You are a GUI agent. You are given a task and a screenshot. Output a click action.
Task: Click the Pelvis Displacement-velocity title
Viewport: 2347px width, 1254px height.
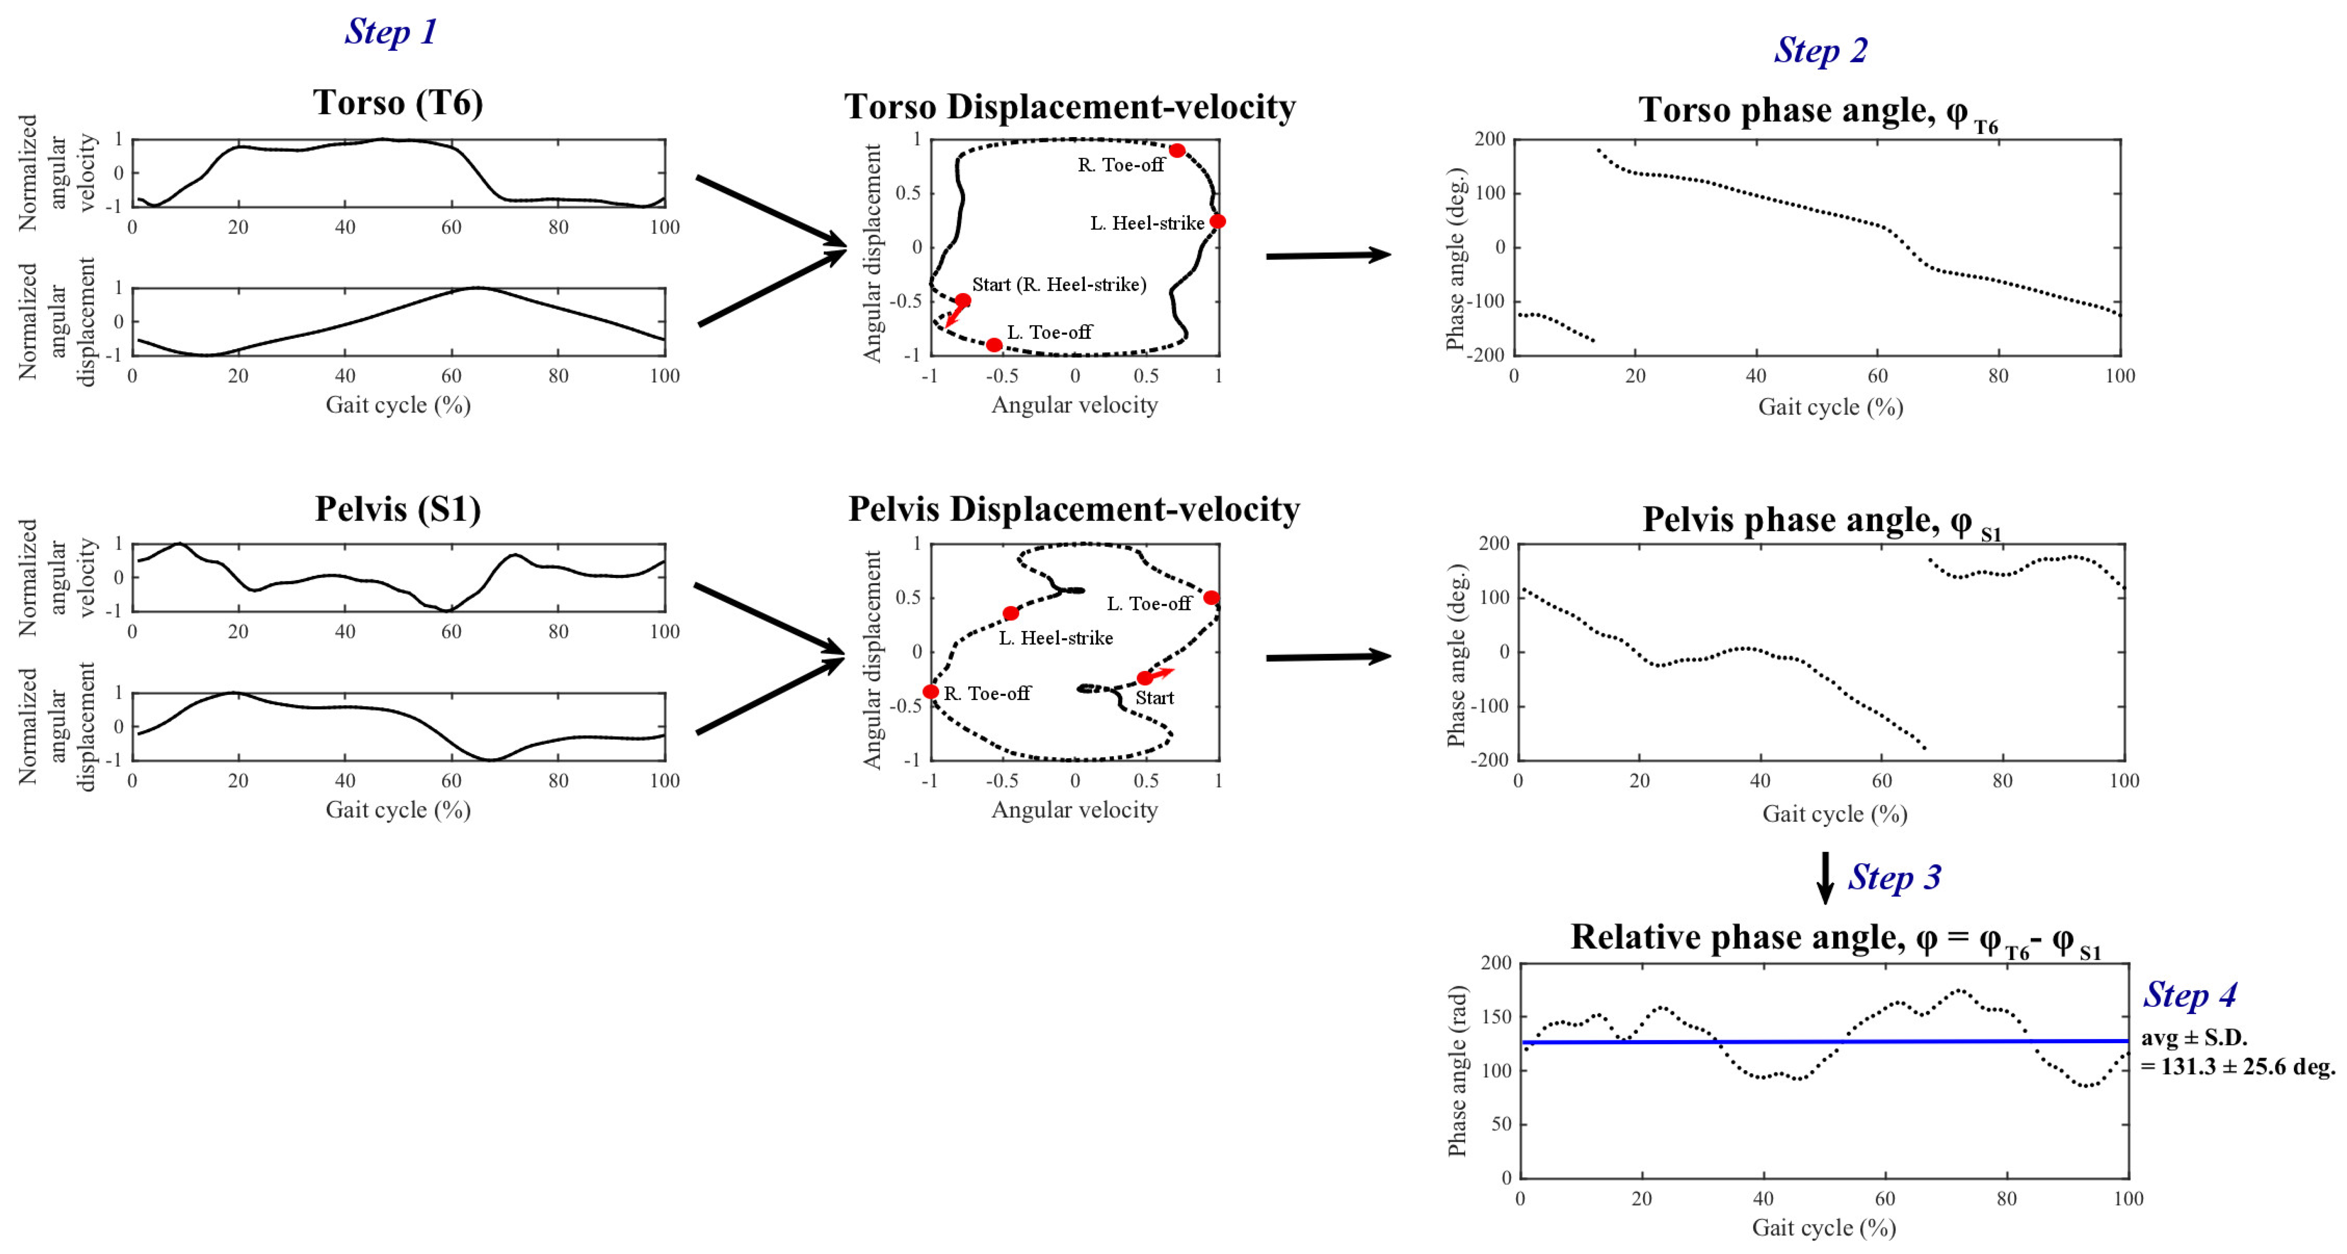tap(1073, 509)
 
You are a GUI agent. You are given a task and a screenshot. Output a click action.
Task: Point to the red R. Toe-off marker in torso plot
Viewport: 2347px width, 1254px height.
tap(1177, 150)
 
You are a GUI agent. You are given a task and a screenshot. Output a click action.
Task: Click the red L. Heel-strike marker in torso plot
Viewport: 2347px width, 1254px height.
tap(1217, 221)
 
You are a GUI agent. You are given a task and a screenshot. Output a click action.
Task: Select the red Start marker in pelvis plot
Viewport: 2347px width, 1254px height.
tap(1144, 678)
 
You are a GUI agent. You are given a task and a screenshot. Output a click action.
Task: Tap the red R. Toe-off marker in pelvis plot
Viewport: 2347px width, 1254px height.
tap(930, 692)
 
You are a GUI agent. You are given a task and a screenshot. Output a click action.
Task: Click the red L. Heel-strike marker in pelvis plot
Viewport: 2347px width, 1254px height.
tap(1010, 614)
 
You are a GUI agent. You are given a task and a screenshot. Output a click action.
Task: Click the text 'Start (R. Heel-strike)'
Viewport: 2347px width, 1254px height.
tap(1059, 284)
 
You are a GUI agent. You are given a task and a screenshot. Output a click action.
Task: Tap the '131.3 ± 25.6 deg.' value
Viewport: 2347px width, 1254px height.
tap(2238, 1066)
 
